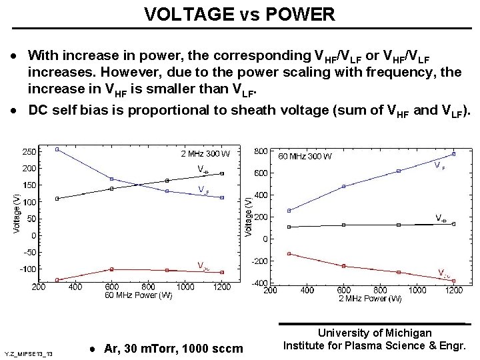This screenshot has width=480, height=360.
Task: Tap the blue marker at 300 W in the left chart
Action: pos(57,149)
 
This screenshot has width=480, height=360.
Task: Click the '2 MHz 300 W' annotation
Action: pos(205,154)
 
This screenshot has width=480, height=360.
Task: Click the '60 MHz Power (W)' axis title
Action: pos(139,295)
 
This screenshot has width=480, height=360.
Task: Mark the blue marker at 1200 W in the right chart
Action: pos(453,154)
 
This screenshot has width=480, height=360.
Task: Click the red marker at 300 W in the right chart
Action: pos(289,253)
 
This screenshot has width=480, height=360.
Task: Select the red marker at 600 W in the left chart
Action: pos(111,269)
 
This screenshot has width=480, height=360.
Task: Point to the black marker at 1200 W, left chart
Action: pos(222,173)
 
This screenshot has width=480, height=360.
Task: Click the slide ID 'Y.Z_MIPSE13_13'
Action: pos(33,353)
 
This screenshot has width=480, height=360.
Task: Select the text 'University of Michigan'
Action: pos(375,332)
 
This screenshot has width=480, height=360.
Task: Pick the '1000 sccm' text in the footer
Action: pos(219,349)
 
